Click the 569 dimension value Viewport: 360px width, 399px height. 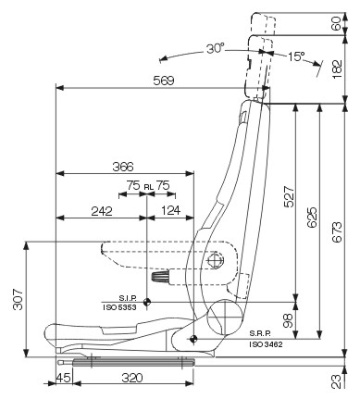click(164, 81)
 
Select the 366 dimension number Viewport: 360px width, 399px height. click(123, 167)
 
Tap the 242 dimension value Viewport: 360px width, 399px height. click(102, 211)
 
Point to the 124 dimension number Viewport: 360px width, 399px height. click(170, 210)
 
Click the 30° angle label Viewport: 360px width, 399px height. click(216, 49)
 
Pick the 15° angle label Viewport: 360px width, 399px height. click(296, 56)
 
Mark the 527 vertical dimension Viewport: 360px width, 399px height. click(289, 196)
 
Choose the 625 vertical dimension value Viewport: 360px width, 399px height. click(312, 218)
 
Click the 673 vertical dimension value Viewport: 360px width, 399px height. click(337, 232)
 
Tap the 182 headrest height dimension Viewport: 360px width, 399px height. click(338, 69)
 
